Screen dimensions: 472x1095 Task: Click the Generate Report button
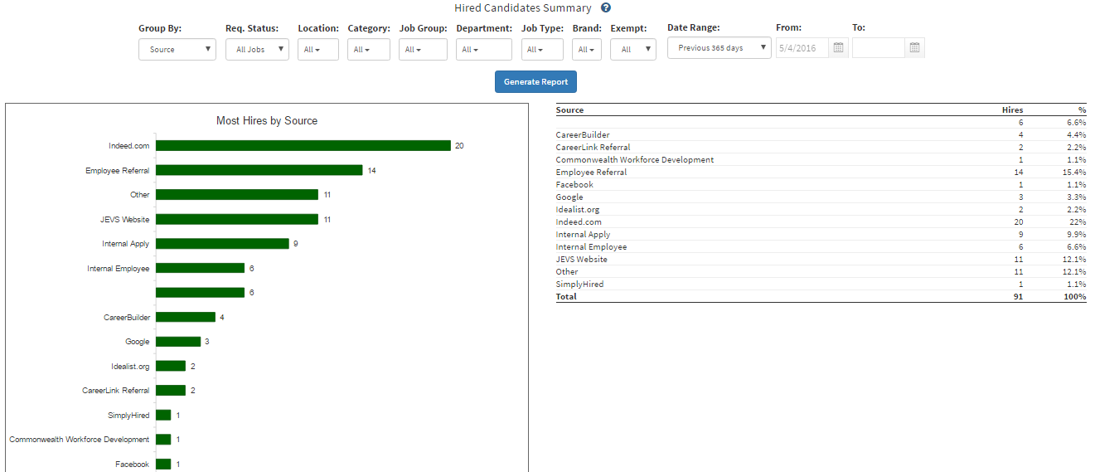(x=535, y=82)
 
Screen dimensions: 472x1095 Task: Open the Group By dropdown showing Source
(x=177, y=49)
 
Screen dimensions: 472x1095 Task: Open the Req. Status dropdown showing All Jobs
(x=257, y=49)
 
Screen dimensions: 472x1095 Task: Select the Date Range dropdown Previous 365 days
(x=719, y=48)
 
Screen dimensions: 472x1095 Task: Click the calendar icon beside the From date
(x=838, y=48)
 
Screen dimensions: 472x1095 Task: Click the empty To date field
(x=878, y=48)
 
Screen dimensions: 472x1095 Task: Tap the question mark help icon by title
(x=606, y=8)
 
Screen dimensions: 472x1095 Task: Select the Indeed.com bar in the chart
(x=303, y=145)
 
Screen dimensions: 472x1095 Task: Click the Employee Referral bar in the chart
(x=259, y=170)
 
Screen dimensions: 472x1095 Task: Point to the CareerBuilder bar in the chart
(x=185, y=317)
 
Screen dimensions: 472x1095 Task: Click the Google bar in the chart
(x=178, y=342)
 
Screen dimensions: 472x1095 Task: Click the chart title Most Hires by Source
(x=267, y=121)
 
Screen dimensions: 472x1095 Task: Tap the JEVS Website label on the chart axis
(x=124, y=219)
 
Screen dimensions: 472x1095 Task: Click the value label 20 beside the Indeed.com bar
(x=459, y=146)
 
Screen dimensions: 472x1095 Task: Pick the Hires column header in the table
(x=1012, y=109)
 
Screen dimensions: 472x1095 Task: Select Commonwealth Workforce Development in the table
(x=634, y=160)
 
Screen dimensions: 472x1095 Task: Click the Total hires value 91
(x=1017, y=297)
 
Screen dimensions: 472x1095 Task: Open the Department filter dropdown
(x=483, y=50)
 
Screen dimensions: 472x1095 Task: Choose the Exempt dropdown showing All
(x=632, y=50)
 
